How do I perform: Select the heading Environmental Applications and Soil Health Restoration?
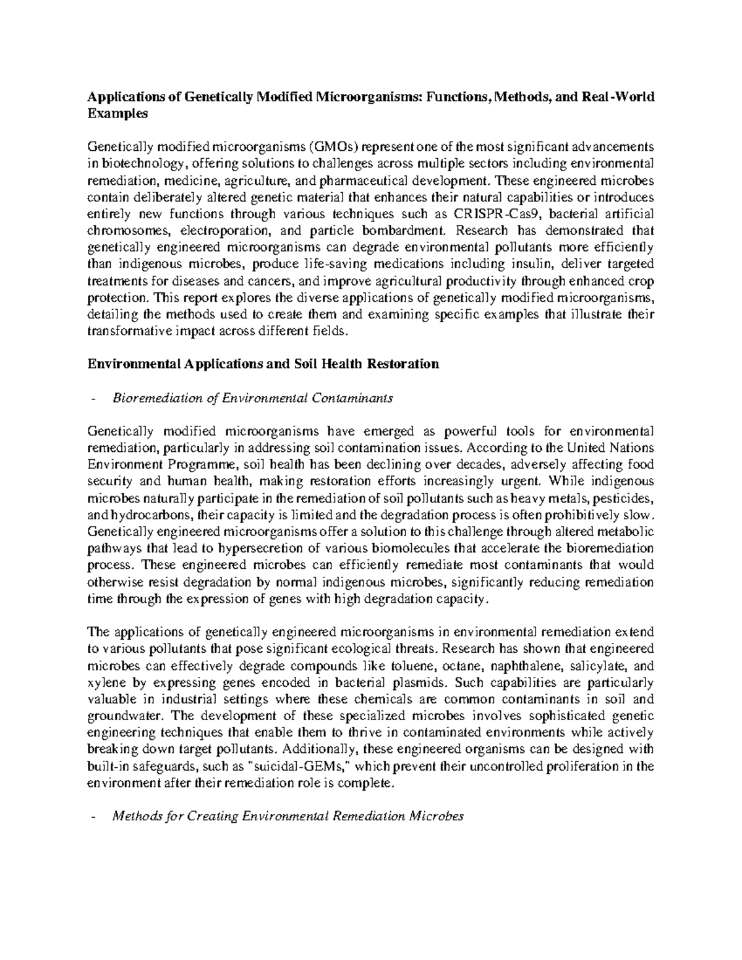point(263,364)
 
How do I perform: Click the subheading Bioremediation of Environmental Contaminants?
point(252,398)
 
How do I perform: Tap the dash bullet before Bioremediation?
point(92,398)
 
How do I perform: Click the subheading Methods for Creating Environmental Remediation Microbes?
point(287,817)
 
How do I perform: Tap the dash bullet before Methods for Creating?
point(92,817)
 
